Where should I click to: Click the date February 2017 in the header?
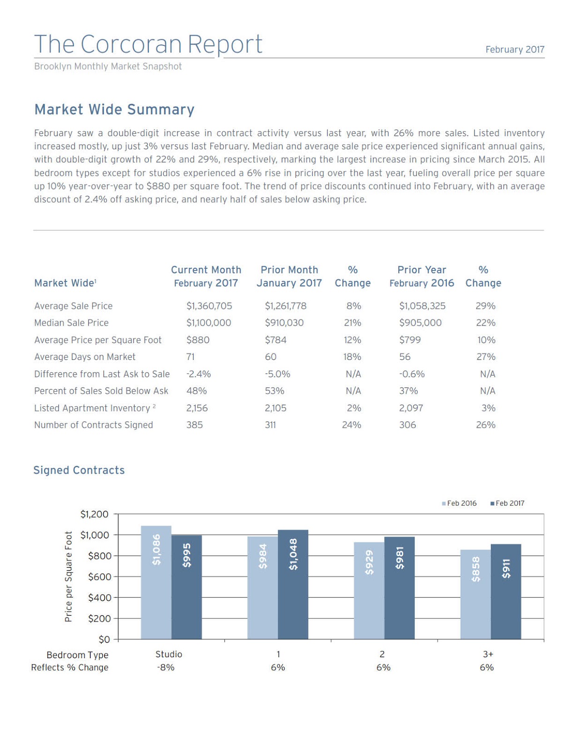point(514,50)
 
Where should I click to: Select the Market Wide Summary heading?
point(114,110)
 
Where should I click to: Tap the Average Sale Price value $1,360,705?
point(209,306)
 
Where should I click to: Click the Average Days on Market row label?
point(85,357)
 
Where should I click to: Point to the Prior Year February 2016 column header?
point(422,277)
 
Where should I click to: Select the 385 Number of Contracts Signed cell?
point(194,425)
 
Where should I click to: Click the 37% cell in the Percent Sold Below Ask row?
point(408,391)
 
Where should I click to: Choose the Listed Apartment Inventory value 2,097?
point(411,408)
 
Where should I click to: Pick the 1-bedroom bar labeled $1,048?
point(293,585)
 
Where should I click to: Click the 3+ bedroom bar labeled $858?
point(475,595)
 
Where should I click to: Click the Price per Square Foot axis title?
point(68,576)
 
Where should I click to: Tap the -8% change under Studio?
point(166,668)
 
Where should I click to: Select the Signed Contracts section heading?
point(79,470)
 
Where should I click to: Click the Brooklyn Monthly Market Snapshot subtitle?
point(108,66)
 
